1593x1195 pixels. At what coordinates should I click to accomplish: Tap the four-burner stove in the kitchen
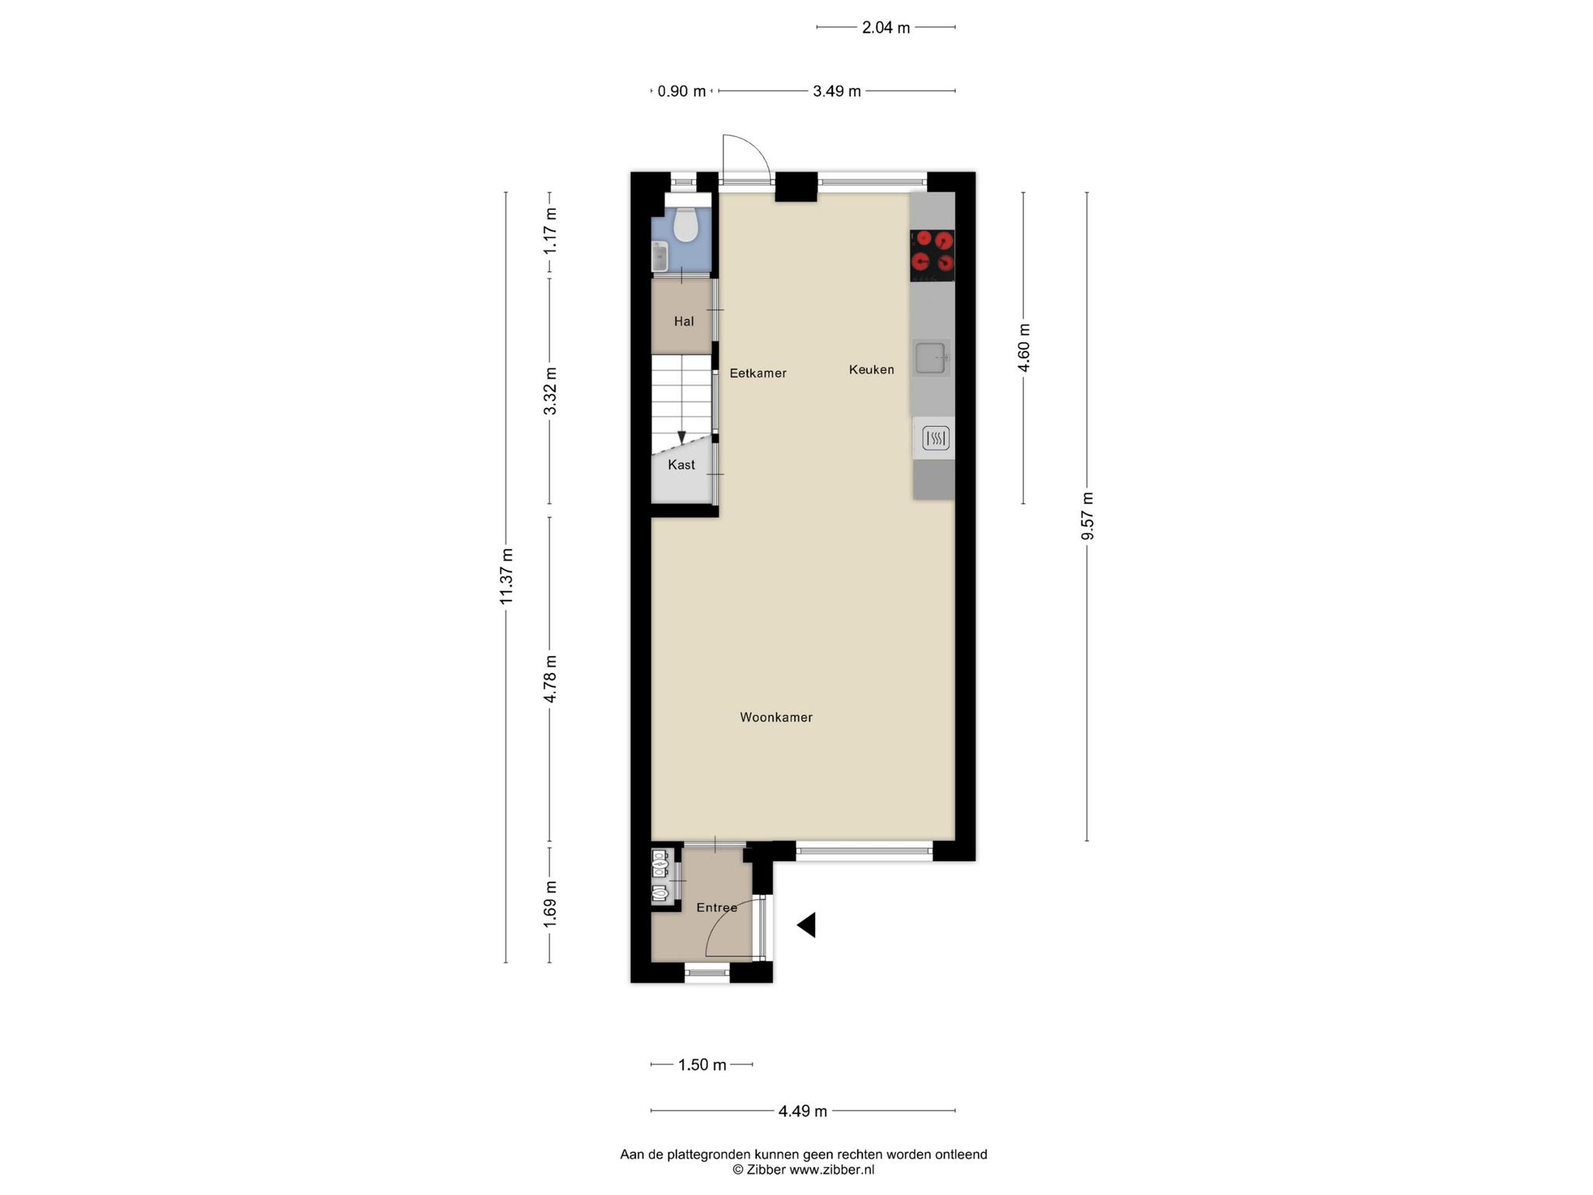(x=933, y=255)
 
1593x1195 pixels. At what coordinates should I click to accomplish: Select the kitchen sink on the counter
(x=931, y=358)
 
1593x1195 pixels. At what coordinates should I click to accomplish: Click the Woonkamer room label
(x=776, y=717)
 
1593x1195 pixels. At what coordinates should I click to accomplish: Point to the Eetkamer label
(x=758, y=373)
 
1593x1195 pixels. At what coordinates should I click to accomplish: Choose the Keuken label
(x=871, y=370)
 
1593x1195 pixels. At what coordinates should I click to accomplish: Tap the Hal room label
(x=684, y=321)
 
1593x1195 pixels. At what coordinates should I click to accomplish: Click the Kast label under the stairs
(x=681, y=464)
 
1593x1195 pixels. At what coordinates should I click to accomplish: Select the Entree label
(x=716, y=907)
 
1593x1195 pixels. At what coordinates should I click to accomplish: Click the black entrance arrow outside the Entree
(x=807, y=925)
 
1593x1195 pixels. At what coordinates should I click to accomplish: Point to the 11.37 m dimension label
(x=506, y=576)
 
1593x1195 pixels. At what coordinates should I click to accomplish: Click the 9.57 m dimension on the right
(x=1087, y=516)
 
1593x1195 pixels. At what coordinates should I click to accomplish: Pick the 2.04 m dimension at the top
(x=886, y=27)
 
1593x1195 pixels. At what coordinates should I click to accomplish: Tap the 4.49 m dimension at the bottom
(x=803, y=1111)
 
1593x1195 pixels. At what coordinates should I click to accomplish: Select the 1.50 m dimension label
(x=702, y=1064)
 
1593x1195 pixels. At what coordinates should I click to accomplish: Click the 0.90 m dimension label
(x=682, y=91)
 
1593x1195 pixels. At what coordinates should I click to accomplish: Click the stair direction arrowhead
(x=681, y=437)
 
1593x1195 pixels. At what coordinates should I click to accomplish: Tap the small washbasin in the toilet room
(x=660, y=256)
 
